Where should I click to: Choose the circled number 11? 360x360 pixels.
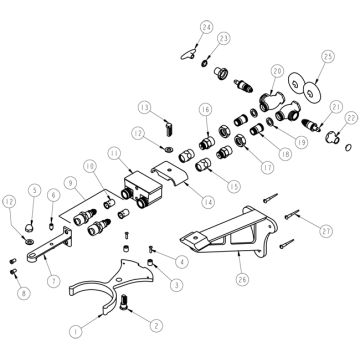114,153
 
